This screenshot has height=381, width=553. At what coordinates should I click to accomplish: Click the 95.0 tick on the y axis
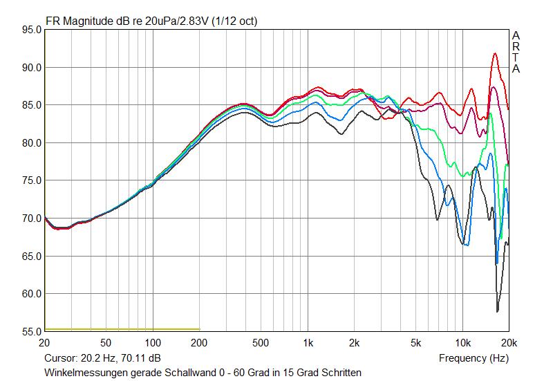pos(32,30)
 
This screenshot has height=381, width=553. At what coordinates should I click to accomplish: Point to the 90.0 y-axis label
pos(32,68)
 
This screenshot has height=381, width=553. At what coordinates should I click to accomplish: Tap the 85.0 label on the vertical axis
pos(32,105)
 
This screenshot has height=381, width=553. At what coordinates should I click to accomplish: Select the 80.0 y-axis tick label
pos(32,143)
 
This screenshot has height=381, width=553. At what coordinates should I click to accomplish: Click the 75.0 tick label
pos(32,180)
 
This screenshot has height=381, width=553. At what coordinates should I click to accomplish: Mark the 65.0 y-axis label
pos(32,256)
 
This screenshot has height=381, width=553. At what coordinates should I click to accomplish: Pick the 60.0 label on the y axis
pos(32,294)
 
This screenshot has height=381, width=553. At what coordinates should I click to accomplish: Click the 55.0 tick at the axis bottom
pos(32,331)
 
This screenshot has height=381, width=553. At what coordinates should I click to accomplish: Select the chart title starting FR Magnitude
pos(151,21)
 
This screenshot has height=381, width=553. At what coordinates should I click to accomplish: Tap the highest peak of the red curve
pos(495,53)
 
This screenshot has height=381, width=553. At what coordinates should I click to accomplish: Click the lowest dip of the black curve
pos(498,311)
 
